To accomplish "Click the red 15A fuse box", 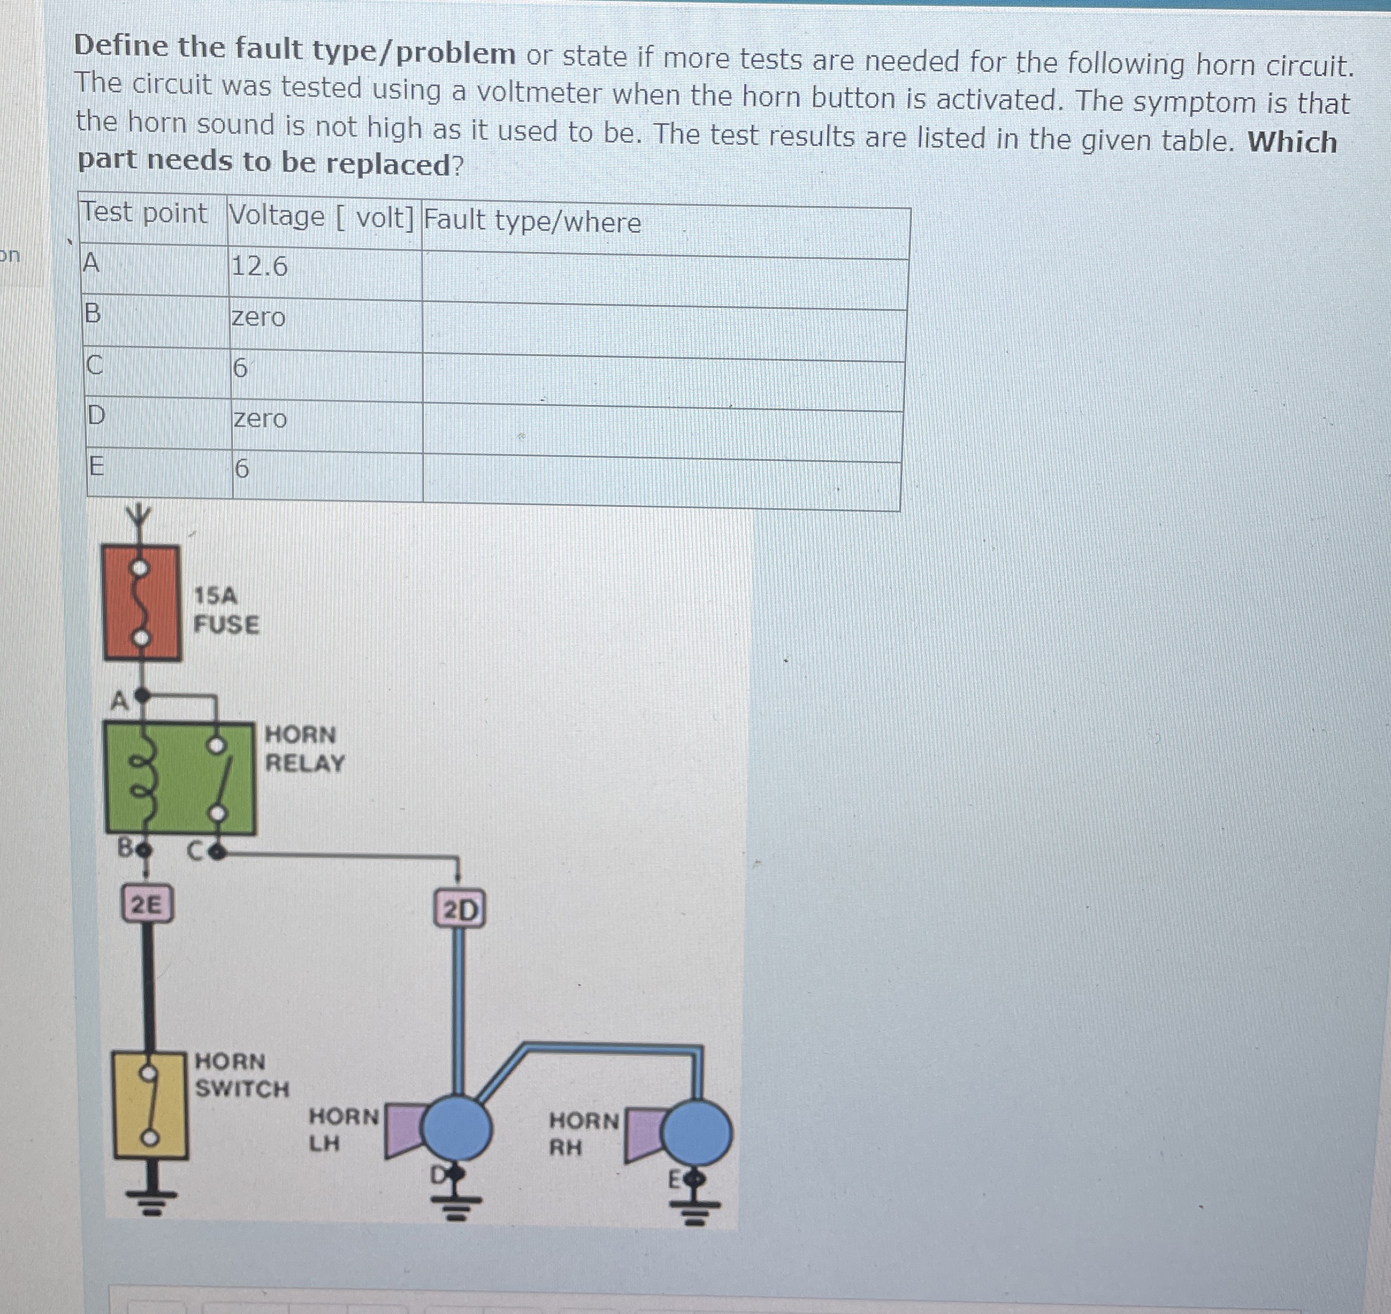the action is pos(142,603).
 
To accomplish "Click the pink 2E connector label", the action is pos(146,904).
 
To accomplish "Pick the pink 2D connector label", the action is pos(460,910).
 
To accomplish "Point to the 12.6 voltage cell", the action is pos(259,267).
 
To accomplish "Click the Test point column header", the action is pos(144,213).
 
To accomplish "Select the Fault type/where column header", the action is pos(532,221).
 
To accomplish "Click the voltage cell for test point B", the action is pos(258,318).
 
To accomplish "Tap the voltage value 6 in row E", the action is pos(240,468).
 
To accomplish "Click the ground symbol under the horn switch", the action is pos(148,1202).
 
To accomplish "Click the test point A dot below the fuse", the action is pos(142,696).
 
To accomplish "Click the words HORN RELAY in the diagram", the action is pos(304,748).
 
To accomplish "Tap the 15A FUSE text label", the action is pos(226,610).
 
